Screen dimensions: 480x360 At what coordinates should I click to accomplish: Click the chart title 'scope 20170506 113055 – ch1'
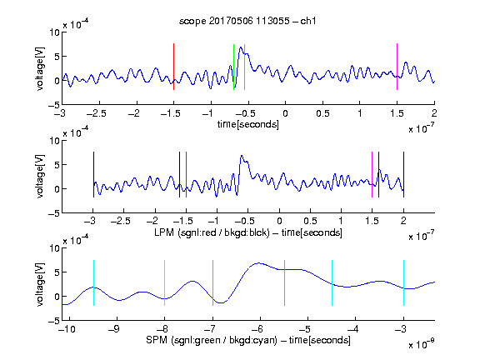247,21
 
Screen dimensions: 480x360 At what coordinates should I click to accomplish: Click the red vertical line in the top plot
173,67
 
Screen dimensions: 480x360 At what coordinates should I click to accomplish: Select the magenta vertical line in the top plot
397,67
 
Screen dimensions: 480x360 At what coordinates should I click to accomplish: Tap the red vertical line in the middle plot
186,174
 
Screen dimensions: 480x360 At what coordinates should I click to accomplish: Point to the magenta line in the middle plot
372,174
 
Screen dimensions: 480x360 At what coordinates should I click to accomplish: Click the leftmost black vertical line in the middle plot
93,174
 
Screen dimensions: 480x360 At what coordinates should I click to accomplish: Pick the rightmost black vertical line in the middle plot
403,174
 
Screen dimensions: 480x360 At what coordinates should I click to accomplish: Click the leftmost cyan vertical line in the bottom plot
93,282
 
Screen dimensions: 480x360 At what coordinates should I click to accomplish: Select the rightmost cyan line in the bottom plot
403,282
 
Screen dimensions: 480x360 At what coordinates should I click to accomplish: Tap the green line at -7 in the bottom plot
212,282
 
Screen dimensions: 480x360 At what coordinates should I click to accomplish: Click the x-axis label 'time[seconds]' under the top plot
248,124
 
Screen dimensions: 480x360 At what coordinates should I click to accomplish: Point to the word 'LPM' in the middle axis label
164,232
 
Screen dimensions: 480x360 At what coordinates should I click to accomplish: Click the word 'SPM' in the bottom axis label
157,340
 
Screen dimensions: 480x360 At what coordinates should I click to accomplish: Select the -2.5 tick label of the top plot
96,113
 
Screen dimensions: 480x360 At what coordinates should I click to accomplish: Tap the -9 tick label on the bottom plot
114,329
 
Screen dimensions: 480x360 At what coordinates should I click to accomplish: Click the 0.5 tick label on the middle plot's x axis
310,221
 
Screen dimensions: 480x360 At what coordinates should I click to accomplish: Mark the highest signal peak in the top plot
241,47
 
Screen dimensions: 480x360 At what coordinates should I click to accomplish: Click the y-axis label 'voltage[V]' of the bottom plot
40,284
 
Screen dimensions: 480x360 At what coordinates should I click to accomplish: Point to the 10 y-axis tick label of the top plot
55,32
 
